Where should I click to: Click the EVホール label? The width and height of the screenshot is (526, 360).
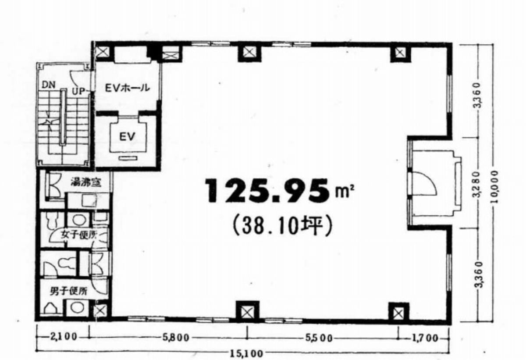tap(127, 88)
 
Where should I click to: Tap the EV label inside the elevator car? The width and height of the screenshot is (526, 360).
tap(127, 136)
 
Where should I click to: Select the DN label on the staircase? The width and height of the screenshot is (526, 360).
tap(49, 85)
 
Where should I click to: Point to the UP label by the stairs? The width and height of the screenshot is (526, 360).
tap(78, 91)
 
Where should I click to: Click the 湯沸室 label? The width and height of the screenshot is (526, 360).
tap(86, 182)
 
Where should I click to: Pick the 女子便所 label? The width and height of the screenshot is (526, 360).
tap(79, 235)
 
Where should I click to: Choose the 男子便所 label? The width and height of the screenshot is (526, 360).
tap(68, 291)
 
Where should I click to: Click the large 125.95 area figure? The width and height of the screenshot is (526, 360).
tap(267, 190)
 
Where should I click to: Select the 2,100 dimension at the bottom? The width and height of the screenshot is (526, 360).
tap(64, 337)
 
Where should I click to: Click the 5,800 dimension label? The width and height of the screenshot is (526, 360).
tap(176, 338)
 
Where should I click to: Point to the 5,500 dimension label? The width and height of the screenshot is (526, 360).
tap(319, 338)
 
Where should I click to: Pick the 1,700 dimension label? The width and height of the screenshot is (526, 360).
tap(425, 338)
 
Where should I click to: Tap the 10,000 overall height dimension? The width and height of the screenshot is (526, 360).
tap(494, 187)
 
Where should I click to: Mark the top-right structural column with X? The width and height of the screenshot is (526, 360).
tap(401, 53)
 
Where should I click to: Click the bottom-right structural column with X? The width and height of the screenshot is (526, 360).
tap(398, 313)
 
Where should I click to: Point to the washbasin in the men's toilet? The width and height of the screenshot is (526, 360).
tap(77, 308)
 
